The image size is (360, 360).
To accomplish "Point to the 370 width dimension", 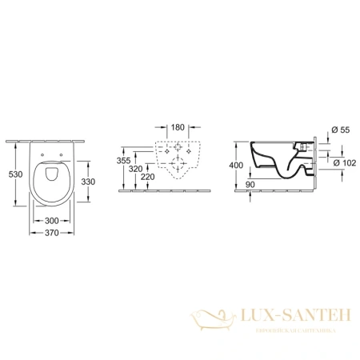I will coord(52,232).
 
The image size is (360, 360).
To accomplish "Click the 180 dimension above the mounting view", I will coord(178,127).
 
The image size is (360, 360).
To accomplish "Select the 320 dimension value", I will coord(137,170).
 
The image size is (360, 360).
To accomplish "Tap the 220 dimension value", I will coord(147,178).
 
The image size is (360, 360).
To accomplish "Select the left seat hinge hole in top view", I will coord(42,151).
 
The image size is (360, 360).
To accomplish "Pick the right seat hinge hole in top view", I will coord(62,151).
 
